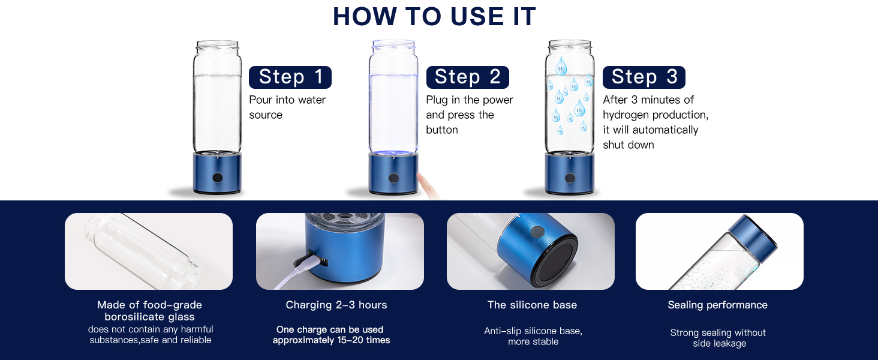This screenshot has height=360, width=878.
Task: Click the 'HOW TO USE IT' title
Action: coord(434,16)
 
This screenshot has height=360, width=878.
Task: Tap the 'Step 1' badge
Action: coord(290,77)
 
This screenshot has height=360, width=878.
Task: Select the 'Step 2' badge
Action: coord(467,77)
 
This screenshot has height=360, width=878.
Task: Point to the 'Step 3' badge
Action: coord(644,77)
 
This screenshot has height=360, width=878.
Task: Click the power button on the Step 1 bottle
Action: coord(218,178)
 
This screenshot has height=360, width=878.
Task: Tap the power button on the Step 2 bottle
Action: coord(393,178)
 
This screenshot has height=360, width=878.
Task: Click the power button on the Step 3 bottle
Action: coord(570,178)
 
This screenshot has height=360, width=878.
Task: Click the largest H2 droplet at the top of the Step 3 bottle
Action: coord(561,66)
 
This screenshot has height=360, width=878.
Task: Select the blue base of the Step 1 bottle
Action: coord(217,173)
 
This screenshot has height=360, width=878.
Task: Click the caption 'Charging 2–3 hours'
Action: coord(336,305)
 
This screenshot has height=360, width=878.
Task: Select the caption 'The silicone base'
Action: coord(533,305)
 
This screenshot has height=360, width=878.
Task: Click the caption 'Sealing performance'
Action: coord(718,305)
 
